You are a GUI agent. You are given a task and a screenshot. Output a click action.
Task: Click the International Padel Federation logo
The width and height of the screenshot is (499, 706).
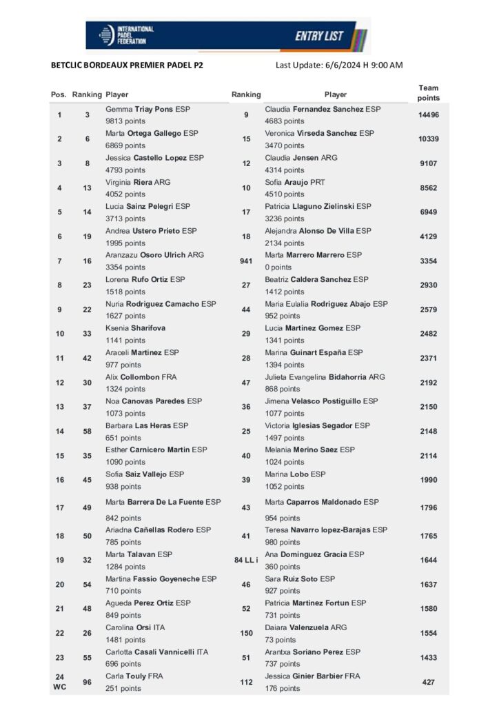point(127,35)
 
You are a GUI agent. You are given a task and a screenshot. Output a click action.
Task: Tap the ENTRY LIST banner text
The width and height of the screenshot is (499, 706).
point(319,36)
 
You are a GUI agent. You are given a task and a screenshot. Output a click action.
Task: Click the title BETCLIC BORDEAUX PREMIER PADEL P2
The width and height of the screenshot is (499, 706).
point(127,65)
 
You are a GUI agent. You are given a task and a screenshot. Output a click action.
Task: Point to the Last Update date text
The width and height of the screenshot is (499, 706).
point(338,65)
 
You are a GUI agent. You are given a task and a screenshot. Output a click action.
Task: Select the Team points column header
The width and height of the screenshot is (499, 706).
point(428,93)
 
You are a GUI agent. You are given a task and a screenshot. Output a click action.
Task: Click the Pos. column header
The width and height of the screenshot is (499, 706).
point(59,94)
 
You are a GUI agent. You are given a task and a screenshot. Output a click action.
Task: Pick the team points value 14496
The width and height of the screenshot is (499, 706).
point(428,114)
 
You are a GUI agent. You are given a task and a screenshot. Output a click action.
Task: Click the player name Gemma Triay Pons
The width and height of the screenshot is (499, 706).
point(147,109)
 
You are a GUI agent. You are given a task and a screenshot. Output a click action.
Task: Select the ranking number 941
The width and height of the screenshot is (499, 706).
point(246,261)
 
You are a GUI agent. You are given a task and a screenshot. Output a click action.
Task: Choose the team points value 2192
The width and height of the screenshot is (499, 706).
point(428,383)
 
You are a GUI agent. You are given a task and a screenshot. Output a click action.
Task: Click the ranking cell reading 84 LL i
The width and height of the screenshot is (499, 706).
point(246,560)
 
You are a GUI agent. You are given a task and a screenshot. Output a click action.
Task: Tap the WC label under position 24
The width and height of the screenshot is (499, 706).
point(59,688)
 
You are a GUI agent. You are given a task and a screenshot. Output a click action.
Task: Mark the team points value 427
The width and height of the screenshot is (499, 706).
point(428,682)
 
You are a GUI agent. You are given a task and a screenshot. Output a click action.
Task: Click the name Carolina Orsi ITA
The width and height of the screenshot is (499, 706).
point(135,627)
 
